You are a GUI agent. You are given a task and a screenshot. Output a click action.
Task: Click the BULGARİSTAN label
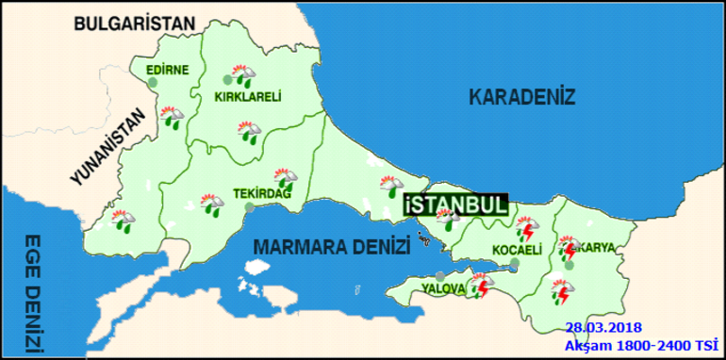pyautogui.click(x=135, y=24)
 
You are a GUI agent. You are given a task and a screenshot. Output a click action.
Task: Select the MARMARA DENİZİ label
pyautogui.click(x=332, y=248)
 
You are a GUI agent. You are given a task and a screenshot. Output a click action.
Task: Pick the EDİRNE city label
pyautogui.click(x=167, y=70)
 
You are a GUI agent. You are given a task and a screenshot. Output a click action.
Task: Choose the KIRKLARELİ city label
pyautogui.click(x=248, y=98)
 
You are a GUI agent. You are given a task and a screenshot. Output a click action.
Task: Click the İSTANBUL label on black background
pyautogui.click(x=454, y=205)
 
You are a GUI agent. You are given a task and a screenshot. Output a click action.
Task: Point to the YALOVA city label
pyautogui.click(x=443, y=287)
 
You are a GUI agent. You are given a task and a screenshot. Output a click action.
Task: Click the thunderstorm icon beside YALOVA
pyautogui.click(x=483, y=285)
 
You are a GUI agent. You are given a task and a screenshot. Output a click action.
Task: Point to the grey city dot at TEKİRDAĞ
pyautogui.click(x=248, y=207)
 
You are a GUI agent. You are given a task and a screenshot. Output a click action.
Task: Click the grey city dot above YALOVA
pyautogui.click(x=440, y=275)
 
